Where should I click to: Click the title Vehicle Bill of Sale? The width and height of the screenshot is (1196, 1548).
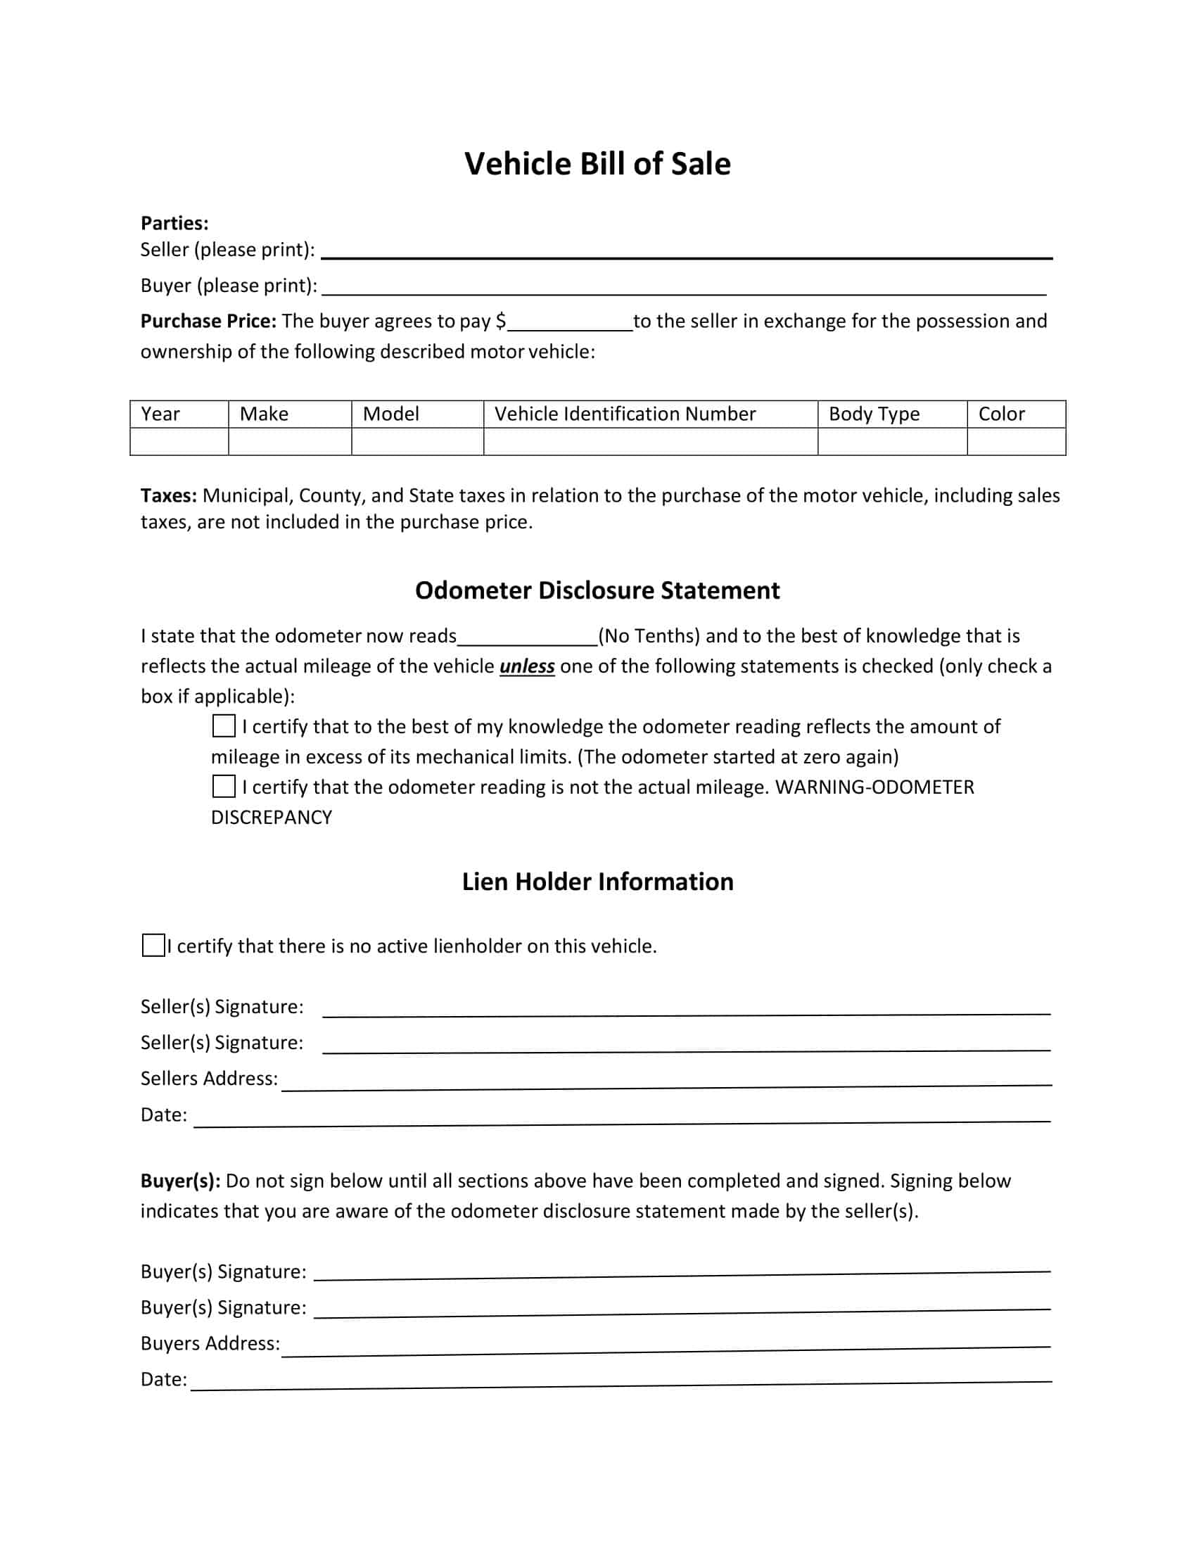pyautogui.click(x=597, y=164)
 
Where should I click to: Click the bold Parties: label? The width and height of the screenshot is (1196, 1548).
pyautogui.click(x=174, y=223)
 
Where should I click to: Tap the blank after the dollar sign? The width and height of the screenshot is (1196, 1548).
pyautogui.click(x=570, y=324)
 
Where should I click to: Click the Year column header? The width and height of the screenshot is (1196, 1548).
pyautogui.click(x=160, y=414)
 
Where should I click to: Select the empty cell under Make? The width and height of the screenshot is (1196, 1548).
pyautogui.click(x=290, y=442)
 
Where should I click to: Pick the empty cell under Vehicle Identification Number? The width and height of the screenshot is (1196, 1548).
pyautogui.click(x=650, y=442)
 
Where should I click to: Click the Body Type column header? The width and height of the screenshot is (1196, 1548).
pyautogui.click(x=874, y=414)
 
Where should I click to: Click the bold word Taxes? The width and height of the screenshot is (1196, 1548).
pyautogui.click(x=169, y=495)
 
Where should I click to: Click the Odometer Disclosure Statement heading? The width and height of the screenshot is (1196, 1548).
pyautogui.click(x=597, y=590)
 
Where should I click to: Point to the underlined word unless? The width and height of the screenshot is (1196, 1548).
pyautogui.click(x=526, y=667)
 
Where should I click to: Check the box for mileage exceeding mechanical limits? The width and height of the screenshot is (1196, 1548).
pyautogui.click(x=224, y=726)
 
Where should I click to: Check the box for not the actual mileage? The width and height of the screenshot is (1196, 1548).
pyautogui.click(x=224, y=786)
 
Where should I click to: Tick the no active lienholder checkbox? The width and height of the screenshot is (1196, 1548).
pyautogui.click(x=153, y=946)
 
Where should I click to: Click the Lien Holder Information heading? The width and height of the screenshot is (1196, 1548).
pyautogui.click(x=597, y=882)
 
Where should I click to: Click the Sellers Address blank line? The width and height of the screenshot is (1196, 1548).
pyautogui.click(x=666, y=1081)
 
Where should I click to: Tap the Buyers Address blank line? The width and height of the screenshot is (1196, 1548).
pyautogui.click(x=666, y=1347)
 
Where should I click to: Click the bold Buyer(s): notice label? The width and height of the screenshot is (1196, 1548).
pyautogui.click(x=180, y=1181)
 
